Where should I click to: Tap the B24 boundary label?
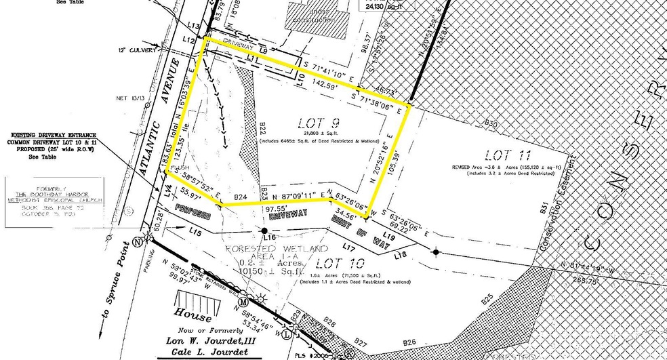tap(240, 197)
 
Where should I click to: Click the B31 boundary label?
tap(544, 207)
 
